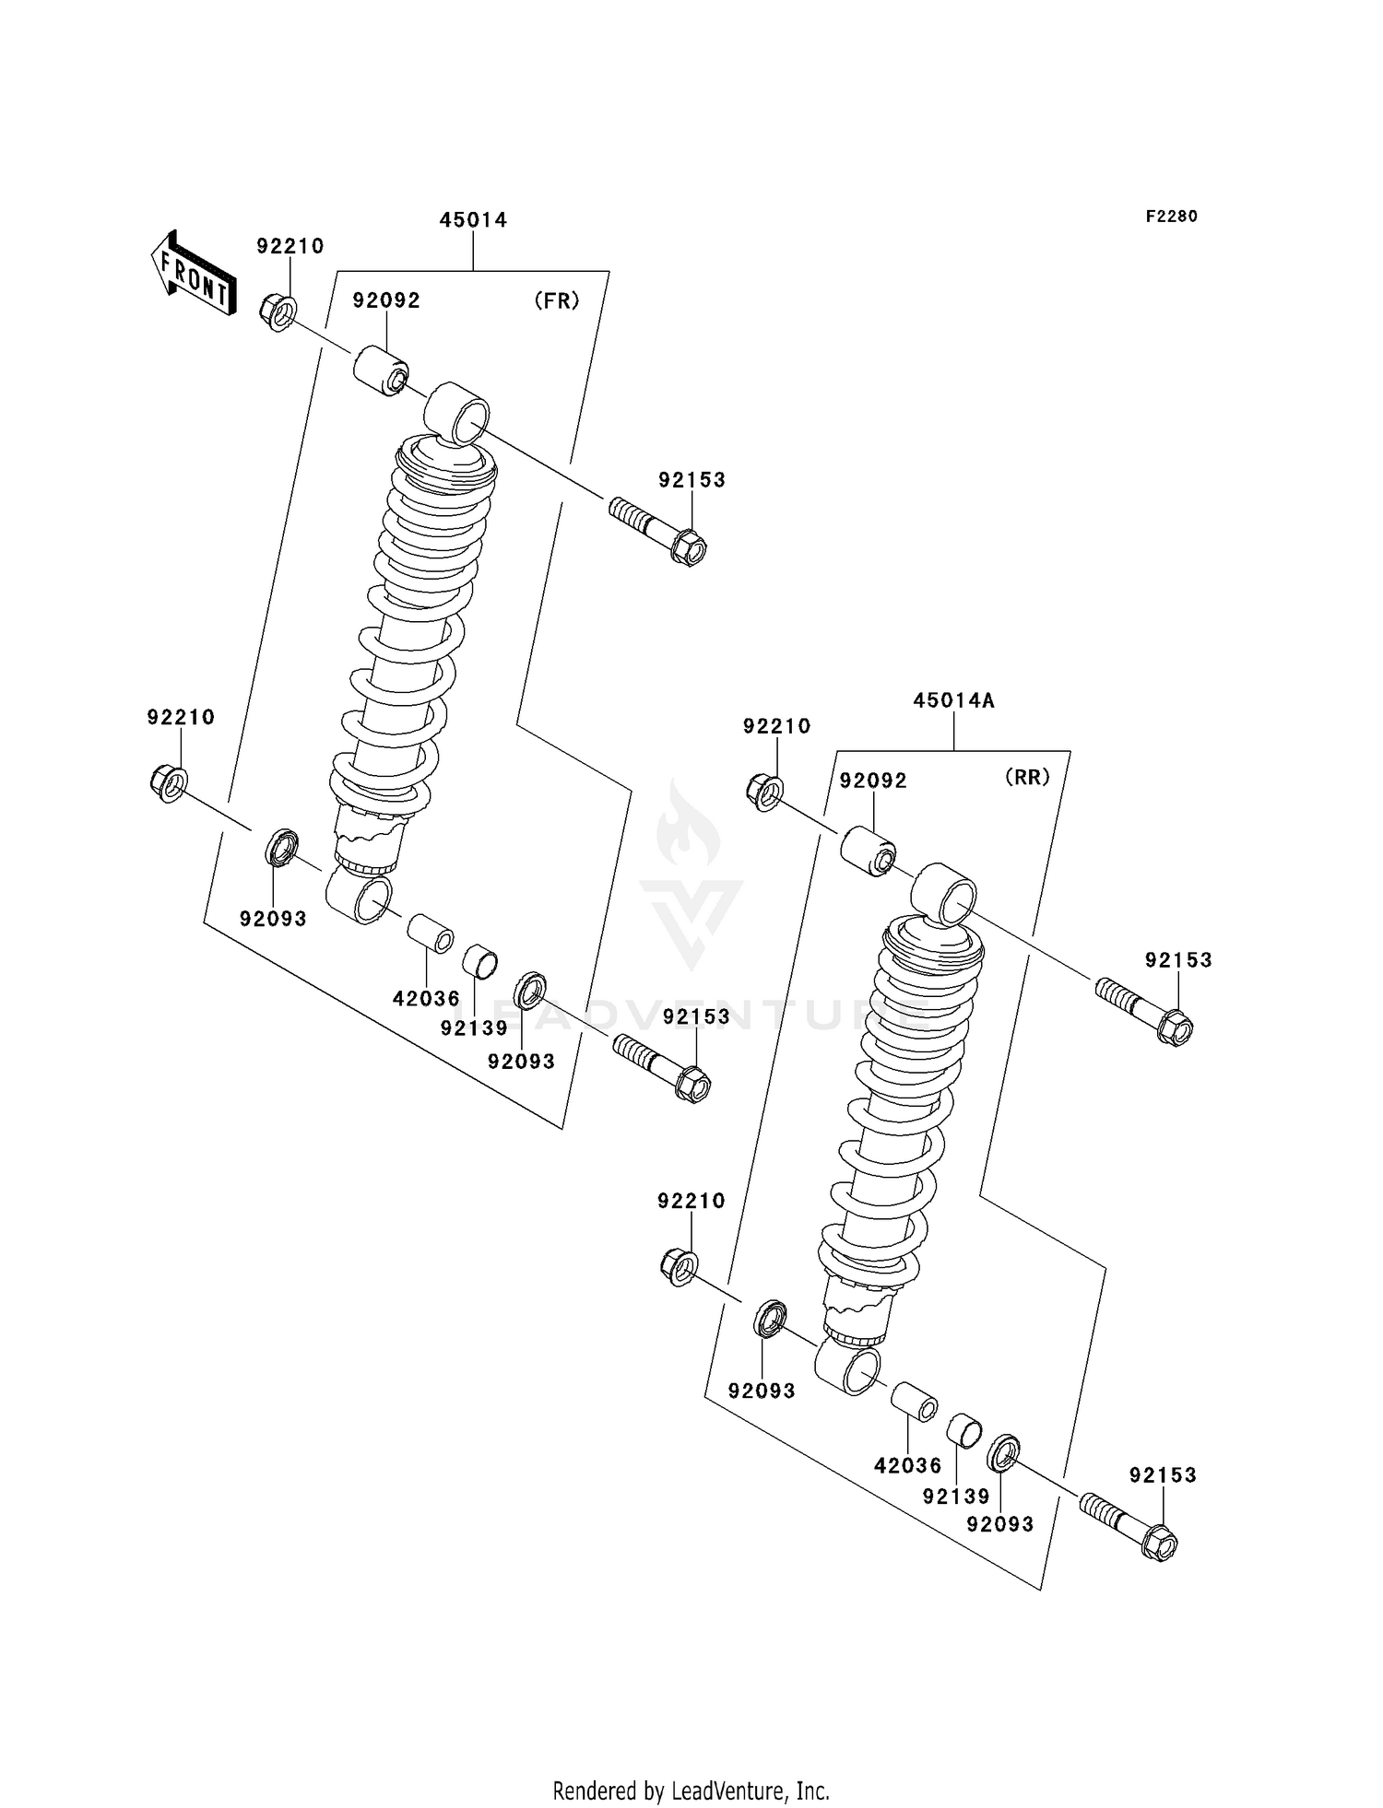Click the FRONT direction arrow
click(194, 274)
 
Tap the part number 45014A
click(953, 700)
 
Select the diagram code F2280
click(1171, 217)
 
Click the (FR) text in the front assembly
click(557, 301)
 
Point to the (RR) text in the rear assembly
click(1027, 778)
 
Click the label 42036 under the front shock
click(426, 999)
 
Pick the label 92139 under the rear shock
click(956, 1497)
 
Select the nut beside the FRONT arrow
click(278, 311)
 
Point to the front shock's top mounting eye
click(457, 412)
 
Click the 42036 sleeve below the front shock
click(430, 933)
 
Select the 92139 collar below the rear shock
click(964, 1429)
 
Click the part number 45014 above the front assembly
click(473, 220)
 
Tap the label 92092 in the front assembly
click(386, 301)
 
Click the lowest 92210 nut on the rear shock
click(679, 1267)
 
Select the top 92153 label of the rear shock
click(1178, 960)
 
